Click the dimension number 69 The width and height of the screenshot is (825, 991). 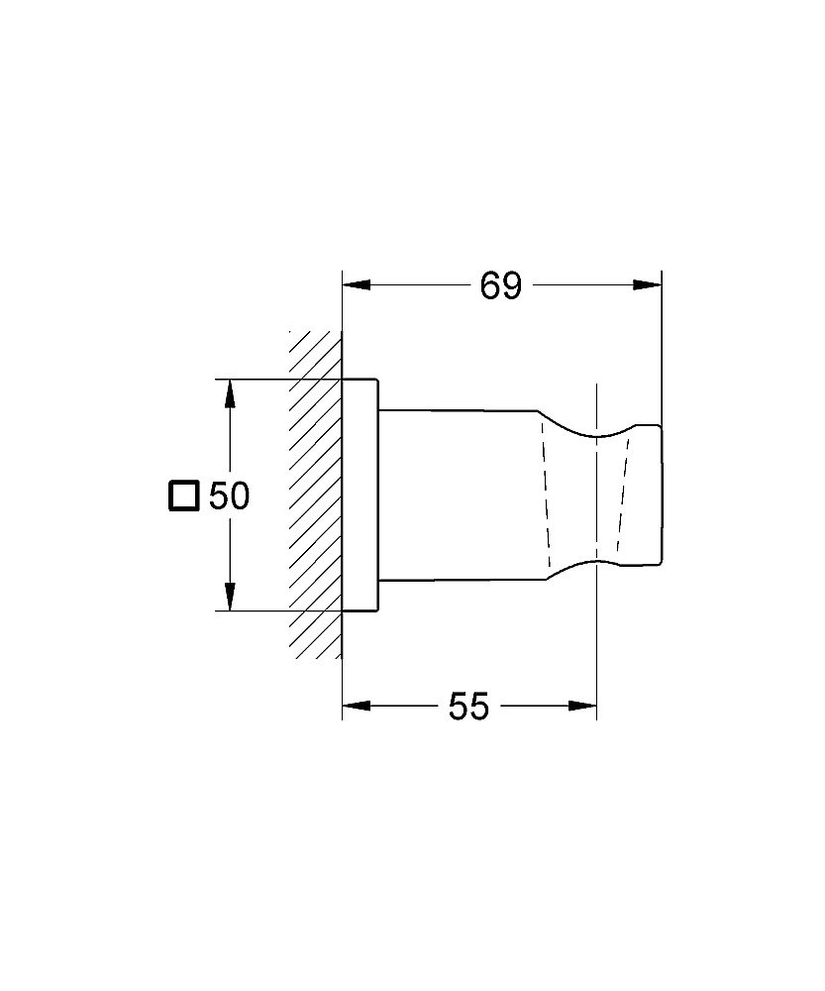click(x=500, y=286)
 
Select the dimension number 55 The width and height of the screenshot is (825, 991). click(x=468, y=707)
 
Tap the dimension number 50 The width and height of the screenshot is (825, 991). click(x=229, y=495)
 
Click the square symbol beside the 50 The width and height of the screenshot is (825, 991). click(x=183, y=495)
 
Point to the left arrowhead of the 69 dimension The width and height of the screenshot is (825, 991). click(x=356, y=286)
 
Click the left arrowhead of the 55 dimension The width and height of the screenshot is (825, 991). click(x=356, y=707)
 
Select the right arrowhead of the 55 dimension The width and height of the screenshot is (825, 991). click(x=583, y=707)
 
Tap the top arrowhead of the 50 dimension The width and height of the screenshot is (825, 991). click(x=230, y=393)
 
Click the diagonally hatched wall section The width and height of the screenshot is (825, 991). click(x=315, y=495)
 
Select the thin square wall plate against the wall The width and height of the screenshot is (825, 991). click(x=361, y=495)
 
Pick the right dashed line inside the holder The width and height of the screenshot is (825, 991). click(x=622, y=495)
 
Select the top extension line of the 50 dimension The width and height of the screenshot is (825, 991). click(x=277, y=379)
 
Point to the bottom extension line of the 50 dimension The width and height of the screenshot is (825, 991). click(x=277, y=611)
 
